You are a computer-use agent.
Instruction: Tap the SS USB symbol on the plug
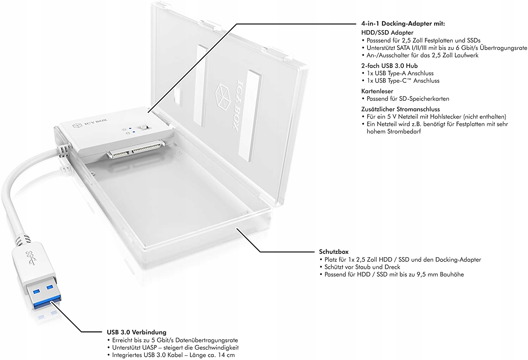pos(31,258)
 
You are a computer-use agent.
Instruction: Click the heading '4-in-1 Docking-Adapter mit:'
pos(403,24)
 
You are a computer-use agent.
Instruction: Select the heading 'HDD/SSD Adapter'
pos(387,33)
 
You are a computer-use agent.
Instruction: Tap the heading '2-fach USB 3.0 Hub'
pos(389,66)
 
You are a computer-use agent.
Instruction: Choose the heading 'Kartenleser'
pos(377,91)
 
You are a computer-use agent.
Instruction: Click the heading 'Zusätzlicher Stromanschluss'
pos(400,109)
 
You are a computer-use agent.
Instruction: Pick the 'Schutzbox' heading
pos(334,252)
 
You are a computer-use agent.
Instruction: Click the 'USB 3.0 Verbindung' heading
pos(137,332)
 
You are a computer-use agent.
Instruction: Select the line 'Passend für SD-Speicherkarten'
pos(408,99)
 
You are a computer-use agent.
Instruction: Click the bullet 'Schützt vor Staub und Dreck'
pos(362,267)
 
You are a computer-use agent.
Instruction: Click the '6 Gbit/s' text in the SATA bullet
pos(467,48)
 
